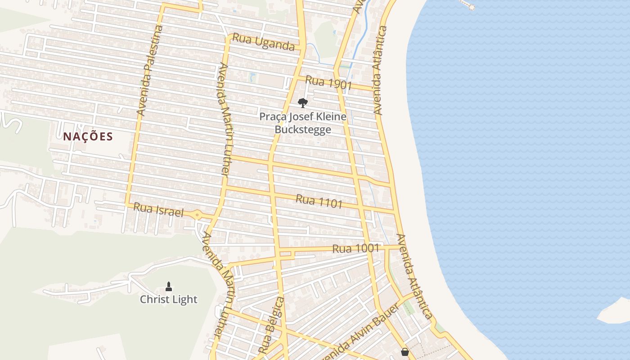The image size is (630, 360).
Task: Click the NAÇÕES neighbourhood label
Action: coord(88,136)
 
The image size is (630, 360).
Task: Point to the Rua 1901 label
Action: coord(328,83)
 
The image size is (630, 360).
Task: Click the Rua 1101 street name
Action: coord(319,201)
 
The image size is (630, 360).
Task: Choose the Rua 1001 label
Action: coord(355,248)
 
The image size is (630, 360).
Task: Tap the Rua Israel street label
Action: coord(159,210)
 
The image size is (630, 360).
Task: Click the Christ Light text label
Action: coord(169,299)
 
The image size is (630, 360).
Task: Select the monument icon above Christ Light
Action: coord(169,286)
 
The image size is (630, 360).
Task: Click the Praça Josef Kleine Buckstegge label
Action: coord(303,123)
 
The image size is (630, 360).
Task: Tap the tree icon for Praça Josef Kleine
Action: coord(303,103)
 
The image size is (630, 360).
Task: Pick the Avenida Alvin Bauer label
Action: coord(360,333)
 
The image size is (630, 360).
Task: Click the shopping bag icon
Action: coord(405,352)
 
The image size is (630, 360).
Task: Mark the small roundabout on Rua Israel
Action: coord(198,215)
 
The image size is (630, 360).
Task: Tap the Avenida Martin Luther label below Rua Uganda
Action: coord(224,119)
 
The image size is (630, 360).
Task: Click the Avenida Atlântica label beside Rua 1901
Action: coord(380,70)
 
